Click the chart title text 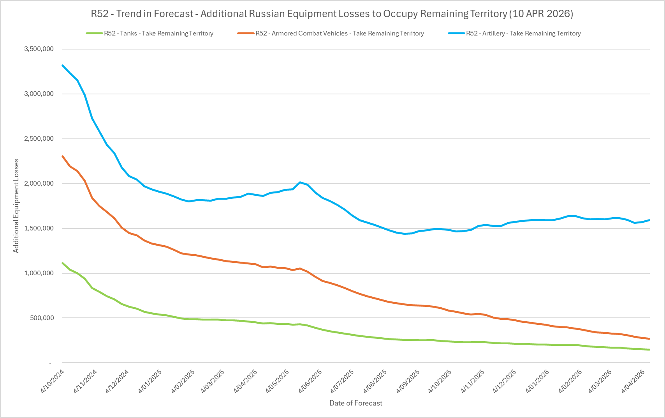[332, 14]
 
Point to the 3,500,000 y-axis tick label [39, 49]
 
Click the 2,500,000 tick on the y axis [39, 139]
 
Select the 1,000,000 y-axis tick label [39, 273]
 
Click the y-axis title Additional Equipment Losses [16, 206]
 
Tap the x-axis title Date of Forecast [356, 403]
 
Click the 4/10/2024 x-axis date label [53, 381]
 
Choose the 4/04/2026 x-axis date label [635, 381]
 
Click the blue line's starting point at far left [63, 65]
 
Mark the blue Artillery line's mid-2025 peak [300, 182]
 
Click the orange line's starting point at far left [63, 156]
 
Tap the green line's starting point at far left [63, 263]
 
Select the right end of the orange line [649, 338]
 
